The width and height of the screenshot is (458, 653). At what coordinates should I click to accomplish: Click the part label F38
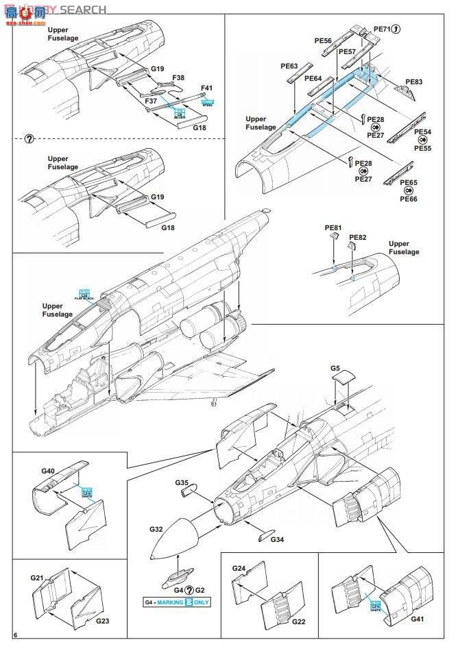pos(178,79)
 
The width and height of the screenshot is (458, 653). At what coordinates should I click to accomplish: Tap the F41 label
pos(207,88)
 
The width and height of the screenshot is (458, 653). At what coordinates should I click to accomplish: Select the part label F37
pos(152,101)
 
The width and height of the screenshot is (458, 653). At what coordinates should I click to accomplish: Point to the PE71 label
pos(381,29)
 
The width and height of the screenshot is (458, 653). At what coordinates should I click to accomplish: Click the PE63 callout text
pos(289,66)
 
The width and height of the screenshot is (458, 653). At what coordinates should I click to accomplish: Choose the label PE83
pos(414,82)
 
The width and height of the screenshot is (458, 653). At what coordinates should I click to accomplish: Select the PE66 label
pos(409,199)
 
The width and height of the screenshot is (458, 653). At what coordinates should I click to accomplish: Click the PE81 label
pos(333,227)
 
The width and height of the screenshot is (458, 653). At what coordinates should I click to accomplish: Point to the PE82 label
pos(358,238)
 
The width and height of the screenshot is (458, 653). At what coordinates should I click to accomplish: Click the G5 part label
pos(335,369)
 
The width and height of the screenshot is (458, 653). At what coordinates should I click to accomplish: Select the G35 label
pos(182,483)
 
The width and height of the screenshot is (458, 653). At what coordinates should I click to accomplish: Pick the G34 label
pos(277,540)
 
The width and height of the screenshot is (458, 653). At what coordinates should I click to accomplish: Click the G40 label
pos(48,471)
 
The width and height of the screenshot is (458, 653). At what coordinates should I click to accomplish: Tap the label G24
pos(239,569)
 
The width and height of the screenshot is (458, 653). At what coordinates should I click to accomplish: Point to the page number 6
pos(15,636)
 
